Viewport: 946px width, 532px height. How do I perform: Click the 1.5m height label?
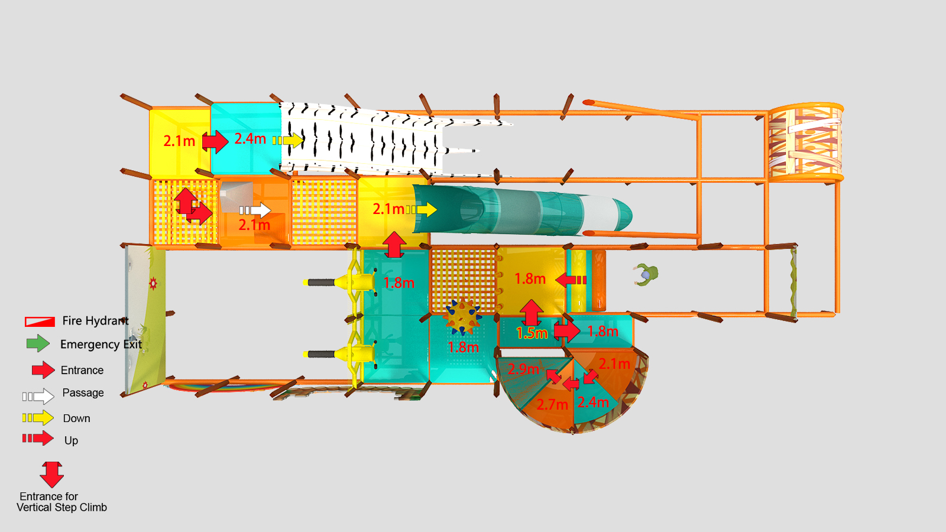532,333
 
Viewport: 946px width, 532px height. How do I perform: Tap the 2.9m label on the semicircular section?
523,369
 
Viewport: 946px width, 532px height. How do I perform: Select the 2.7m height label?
552,405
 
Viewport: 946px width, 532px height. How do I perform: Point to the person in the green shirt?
646,275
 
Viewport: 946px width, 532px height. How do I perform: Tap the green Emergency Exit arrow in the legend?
38,343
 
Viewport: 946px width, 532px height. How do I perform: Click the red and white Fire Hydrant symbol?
40,322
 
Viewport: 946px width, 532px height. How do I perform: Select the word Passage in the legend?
83,392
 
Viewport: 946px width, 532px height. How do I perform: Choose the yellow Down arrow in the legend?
38,418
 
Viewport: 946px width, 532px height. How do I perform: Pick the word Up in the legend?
71,440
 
